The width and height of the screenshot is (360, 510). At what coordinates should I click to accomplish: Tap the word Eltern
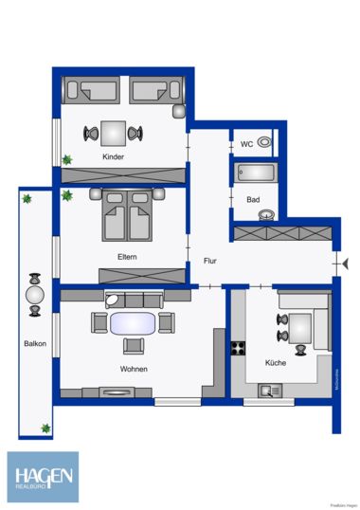pyautogui.click(x=130, y=256)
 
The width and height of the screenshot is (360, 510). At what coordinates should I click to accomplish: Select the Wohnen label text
pyautogui.click(x=133, y=369)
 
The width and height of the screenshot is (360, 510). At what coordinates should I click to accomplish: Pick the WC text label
pyautogui.click(x=246, y=144)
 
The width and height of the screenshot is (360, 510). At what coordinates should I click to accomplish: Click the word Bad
pyautogui.click(x=252, y=200)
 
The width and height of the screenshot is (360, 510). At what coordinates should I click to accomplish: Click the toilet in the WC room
pyautogui.click(x=266, y=143)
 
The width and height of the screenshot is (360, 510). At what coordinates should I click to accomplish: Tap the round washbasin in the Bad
pyautogui.click(x=267, y=214)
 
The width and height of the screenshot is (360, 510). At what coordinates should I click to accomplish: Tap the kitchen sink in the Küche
pyautogui.click(x=268, y=389)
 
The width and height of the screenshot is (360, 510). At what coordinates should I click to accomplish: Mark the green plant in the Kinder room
pyautogui.click(x=66, y=158)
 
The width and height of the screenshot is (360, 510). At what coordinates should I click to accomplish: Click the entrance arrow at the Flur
pyautogui.click(x=335, y=262)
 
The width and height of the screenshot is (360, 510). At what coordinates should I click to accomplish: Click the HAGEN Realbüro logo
pyautogui.click(x=44, y=477)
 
